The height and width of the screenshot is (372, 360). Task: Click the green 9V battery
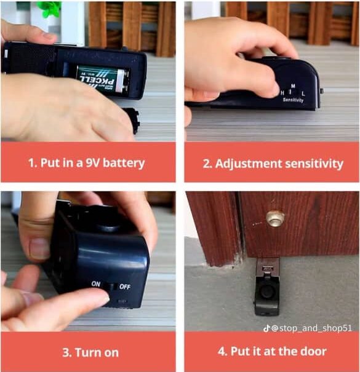click(x=104, y=80)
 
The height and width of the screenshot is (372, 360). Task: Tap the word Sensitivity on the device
click(x=293, y=100)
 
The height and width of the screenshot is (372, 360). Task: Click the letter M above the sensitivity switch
click(x=294, y=85)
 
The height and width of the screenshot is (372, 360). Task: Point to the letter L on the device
click(x=303, y=93)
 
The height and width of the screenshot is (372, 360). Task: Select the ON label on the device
click(x=96, y=283)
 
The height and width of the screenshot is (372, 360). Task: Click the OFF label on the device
click(x=125, y=287)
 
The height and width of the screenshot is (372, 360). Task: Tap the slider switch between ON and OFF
click(x=110, y=287)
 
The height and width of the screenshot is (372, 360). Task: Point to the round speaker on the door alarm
click(x=267, y=291)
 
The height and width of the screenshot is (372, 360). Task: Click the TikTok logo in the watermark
click(x=266, y=328)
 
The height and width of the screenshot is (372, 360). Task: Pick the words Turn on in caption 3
click(x=97, y=352)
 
